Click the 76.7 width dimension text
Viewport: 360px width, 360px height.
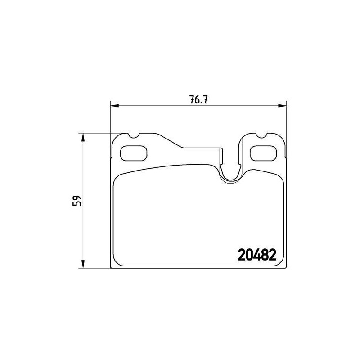point(198,100)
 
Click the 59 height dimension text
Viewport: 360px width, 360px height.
point(76,201)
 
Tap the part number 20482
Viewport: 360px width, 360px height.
point(257,255)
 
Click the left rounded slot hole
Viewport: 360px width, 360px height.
point(134,153)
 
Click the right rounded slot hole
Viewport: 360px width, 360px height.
point(263,153)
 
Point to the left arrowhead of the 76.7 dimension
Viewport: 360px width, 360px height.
point(114,106)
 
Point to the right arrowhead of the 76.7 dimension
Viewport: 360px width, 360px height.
point(283,106)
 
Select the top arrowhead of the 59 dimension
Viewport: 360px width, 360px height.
point(83,137)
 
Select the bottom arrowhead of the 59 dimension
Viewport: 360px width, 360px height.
point(83,264)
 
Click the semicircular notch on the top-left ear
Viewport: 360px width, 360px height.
point(133,137)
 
